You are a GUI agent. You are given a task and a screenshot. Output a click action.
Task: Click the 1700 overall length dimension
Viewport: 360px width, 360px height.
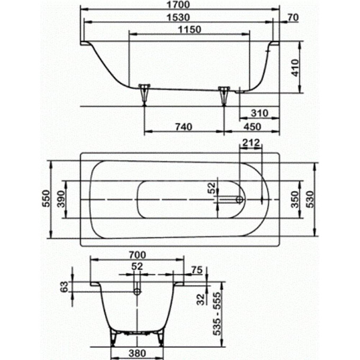click(178, 5)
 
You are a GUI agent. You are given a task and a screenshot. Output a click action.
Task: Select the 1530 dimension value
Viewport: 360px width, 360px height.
click(178, 17)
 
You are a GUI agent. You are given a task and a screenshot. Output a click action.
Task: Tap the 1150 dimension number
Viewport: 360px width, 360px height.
click(190, 30)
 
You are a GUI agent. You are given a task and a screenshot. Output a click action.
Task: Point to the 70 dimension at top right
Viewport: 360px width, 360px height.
click(293, 17)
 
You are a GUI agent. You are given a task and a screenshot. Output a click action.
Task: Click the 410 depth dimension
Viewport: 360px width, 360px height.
click(295, 68)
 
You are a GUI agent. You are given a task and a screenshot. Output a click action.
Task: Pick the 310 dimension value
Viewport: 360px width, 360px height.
click(259, 113)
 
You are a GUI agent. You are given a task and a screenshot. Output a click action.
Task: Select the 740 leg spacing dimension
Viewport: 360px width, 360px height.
click(184, 127)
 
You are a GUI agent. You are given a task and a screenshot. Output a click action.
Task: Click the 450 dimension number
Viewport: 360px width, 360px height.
click(252, 127)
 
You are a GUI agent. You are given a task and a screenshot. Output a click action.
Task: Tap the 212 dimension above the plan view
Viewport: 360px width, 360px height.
click(251, 143)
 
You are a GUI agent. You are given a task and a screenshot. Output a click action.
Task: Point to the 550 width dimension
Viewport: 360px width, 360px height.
click(46, 199)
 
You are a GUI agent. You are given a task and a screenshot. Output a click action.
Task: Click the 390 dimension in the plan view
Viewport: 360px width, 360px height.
click(61, 199)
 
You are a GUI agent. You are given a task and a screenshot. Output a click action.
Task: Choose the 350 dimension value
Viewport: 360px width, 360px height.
click(295, 199)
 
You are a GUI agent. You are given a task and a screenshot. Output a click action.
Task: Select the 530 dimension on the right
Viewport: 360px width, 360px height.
click(310, 199)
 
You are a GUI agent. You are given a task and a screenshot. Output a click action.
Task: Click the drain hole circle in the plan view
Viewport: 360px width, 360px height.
click(239, 200)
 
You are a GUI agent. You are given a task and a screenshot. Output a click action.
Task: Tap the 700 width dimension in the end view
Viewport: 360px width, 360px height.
click(137, 255)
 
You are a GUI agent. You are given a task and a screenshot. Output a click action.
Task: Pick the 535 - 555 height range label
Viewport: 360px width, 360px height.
click(217, 313)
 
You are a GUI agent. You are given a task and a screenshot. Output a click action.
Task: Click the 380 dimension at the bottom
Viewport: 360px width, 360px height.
click(137, 353)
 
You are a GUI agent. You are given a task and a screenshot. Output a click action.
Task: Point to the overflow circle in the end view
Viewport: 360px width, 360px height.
click(137, 292)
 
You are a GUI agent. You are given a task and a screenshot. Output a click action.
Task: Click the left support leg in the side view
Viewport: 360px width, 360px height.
click(145, 94)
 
